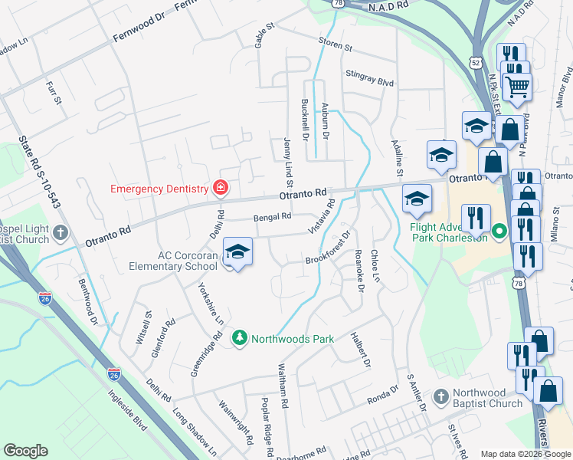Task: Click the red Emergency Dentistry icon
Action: point(221,188)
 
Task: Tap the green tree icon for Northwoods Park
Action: point(239,338)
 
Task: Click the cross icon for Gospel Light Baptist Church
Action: point(61,232)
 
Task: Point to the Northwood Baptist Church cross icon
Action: point(440,396)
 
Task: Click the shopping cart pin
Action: point(517,88)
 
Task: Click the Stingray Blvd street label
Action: point(369,80)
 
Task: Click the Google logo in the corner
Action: point(25,451)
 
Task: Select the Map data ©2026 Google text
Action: point(524,454)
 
